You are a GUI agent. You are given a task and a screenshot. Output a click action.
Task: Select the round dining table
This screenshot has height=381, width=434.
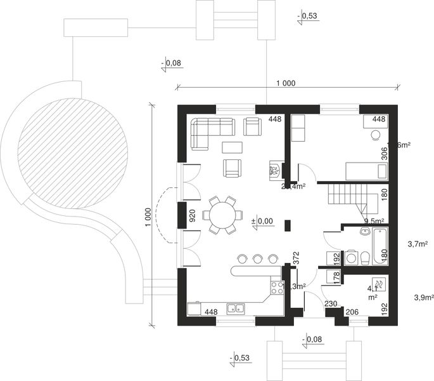221,215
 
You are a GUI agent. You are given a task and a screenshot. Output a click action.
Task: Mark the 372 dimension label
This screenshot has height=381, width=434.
295,257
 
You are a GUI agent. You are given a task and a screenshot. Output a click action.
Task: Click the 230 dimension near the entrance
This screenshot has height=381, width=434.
329,304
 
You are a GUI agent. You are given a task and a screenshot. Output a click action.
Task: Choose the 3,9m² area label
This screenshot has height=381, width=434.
423,297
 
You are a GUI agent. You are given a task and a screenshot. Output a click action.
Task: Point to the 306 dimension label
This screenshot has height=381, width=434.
383,153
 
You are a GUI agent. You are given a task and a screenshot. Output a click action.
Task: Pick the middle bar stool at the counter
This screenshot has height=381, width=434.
257,258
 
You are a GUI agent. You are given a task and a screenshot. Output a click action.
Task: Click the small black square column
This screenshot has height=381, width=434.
288,225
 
